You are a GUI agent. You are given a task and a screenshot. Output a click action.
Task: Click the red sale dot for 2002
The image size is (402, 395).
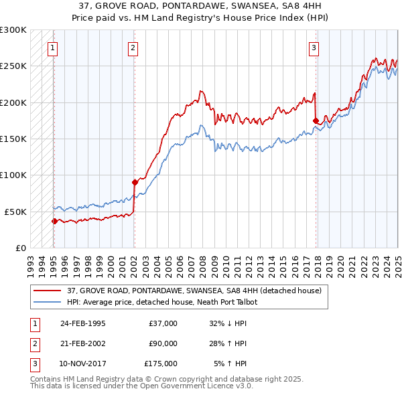(x=135, y=181)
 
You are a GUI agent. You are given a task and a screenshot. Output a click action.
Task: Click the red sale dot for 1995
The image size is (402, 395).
(x=54, y=220)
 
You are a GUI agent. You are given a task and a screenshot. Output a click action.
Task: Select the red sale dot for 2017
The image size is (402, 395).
(x=316, y=121)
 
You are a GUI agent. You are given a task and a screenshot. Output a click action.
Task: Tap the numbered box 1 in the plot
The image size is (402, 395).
(x=52, y=48)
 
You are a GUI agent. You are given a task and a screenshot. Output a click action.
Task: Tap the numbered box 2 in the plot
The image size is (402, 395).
(x=133, y=48)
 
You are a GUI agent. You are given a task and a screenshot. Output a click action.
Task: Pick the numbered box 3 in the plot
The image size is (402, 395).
(x=313, y=48)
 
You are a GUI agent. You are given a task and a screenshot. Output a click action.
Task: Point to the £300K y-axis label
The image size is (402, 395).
(x=13, y=30)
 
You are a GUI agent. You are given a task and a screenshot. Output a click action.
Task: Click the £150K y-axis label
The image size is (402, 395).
(x=13, y=139)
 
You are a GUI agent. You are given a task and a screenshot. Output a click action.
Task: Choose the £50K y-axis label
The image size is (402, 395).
(x=15, y=212)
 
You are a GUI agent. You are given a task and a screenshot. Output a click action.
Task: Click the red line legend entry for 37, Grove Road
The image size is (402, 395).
(x=194, y=291)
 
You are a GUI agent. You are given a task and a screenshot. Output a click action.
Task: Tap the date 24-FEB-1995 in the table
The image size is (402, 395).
(x=83, y=323)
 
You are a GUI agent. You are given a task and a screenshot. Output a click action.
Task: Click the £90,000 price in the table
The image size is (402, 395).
(x=163, y=343)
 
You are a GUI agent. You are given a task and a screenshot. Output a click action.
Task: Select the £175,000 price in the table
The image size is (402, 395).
(x=161, y=364)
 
